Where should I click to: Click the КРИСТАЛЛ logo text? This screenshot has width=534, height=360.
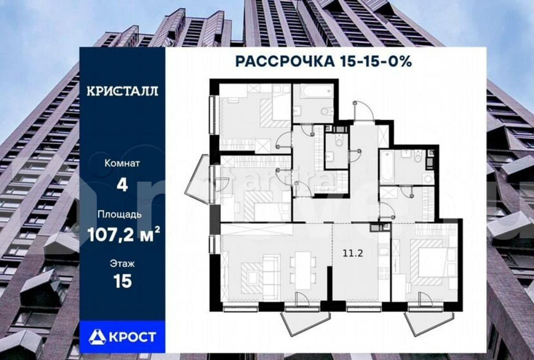(x=122, y=91)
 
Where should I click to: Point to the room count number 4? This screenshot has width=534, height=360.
(x=122, y=185)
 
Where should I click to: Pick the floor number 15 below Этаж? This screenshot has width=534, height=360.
(x=122, y=281)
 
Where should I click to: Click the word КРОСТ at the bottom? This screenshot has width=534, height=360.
(x=133, y=336)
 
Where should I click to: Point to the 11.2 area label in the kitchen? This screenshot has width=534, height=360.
(x=352, y=254)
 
